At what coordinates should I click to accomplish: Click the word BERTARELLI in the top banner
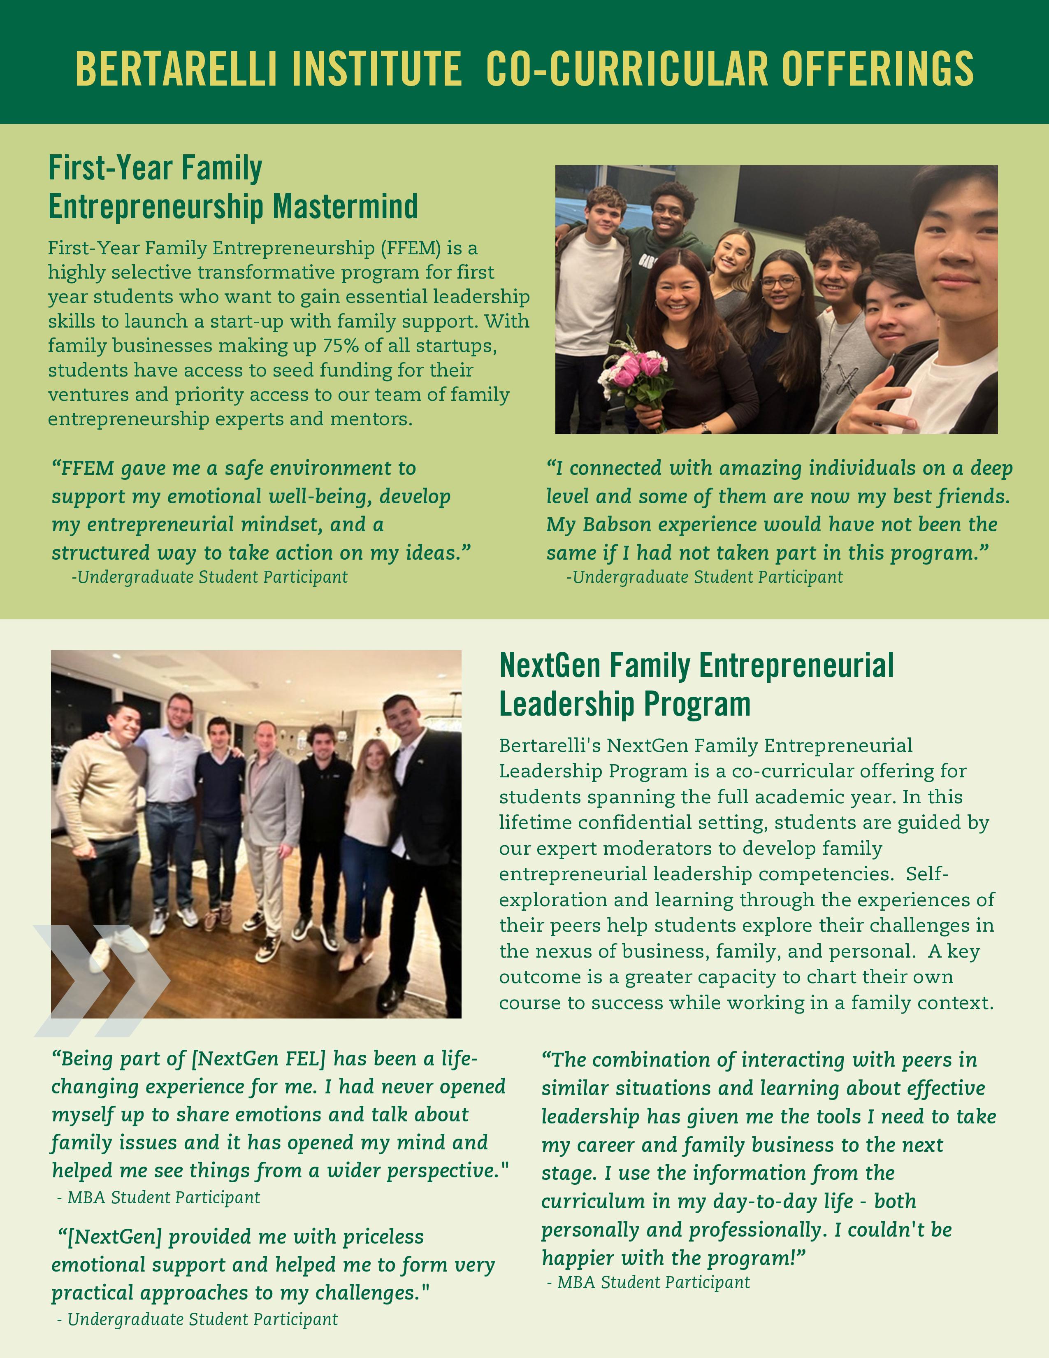(175, 69)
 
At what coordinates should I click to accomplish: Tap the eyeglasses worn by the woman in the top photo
(779, 281)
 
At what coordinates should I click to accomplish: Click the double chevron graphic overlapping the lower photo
(100, 981)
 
